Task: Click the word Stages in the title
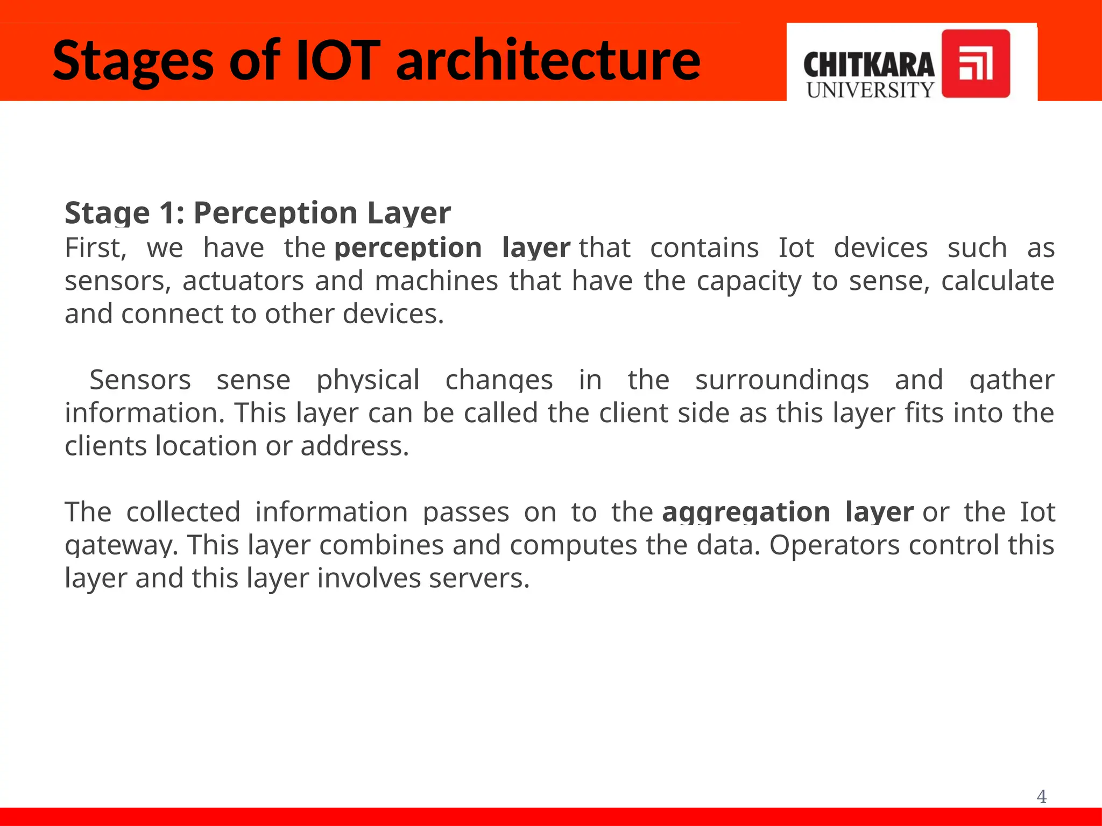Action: coord(133,61)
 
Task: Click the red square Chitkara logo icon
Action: coord(976,63)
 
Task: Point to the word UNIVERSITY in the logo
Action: coord(870,90)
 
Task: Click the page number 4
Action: coord(1041,796)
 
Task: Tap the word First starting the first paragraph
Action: coord(95,248)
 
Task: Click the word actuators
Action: coord(243,281)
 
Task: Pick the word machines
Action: coord(436,281)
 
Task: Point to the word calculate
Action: coord(997,281)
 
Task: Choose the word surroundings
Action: coord(782,380)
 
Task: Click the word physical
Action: coord(368,380)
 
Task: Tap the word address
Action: coord(355,446)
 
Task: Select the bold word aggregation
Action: coord(746,512)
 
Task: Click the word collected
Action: coord(183,512)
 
